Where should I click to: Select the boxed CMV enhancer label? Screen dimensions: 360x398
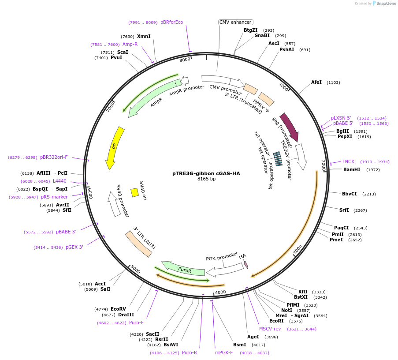[235, 22]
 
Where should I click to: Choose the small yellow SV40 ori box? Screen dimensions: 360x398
[135, 192]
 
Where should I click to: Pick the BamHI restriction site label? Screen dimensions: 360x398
[352, 169]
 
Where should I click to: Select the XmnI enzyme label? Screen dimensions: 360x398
[144, 36]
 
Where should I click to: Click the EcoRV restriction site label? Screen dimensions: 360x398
[118, 309]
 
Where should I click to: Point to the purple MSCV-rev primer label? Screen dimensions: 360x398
[270, 329]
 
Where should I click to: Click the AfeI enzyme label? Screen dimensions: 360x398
[316, 82]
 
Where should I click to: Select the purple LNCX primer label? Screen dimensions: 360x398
[348, 161]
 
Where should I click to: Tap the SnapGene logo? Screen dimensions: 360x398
[382, 4]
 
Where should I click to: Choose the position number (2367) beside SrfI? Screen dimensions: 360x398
[360, 210]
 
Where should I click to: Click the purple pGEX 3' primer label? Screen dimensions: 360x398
[74, 247]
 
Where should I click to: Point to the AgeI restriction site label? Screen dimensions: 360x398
[253, 337]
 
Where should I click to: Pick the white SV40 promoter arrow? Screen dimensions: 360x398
[114, 204]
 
